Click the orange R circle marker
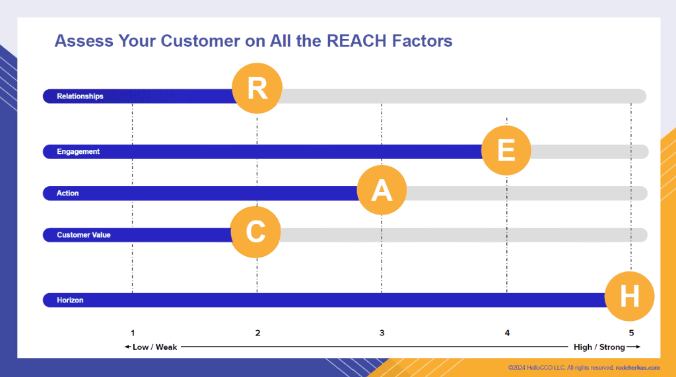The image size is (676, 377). coord(257,88)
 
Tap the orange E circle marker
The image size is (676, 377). coord(506,150)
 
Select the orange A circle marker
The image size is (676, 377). coord(382,189)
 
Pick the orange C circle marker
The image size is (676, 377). coord(255,232)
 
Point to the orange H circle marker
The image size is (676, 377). coord(629,296)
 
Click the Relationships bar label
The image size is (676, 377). coord(80,96)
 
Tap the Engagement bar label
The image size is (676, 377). coord(78,151)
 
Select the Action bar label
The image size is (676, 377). coord(68,193)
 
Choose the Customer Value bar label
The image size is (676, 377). coord(84,235)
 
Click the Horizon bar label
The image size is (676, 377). coord(70,300)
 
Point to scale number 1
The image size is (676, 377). coord(133,333)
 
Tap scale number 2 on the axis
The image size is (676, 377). coord(258,333)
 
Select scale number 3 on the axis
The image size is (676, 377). coord(382,333)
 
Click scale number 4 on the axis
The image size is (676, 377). coord(507,333)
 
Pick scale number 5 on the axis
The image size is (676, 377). coord(631,333)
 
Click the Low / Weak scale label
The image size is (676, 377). coord(154,347)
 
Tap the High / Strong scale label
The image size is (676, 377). coord(599,347)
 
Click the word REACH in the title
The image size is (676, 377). coord(356,41)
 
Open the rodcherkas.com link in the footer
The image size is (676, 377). coord(638,368)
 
